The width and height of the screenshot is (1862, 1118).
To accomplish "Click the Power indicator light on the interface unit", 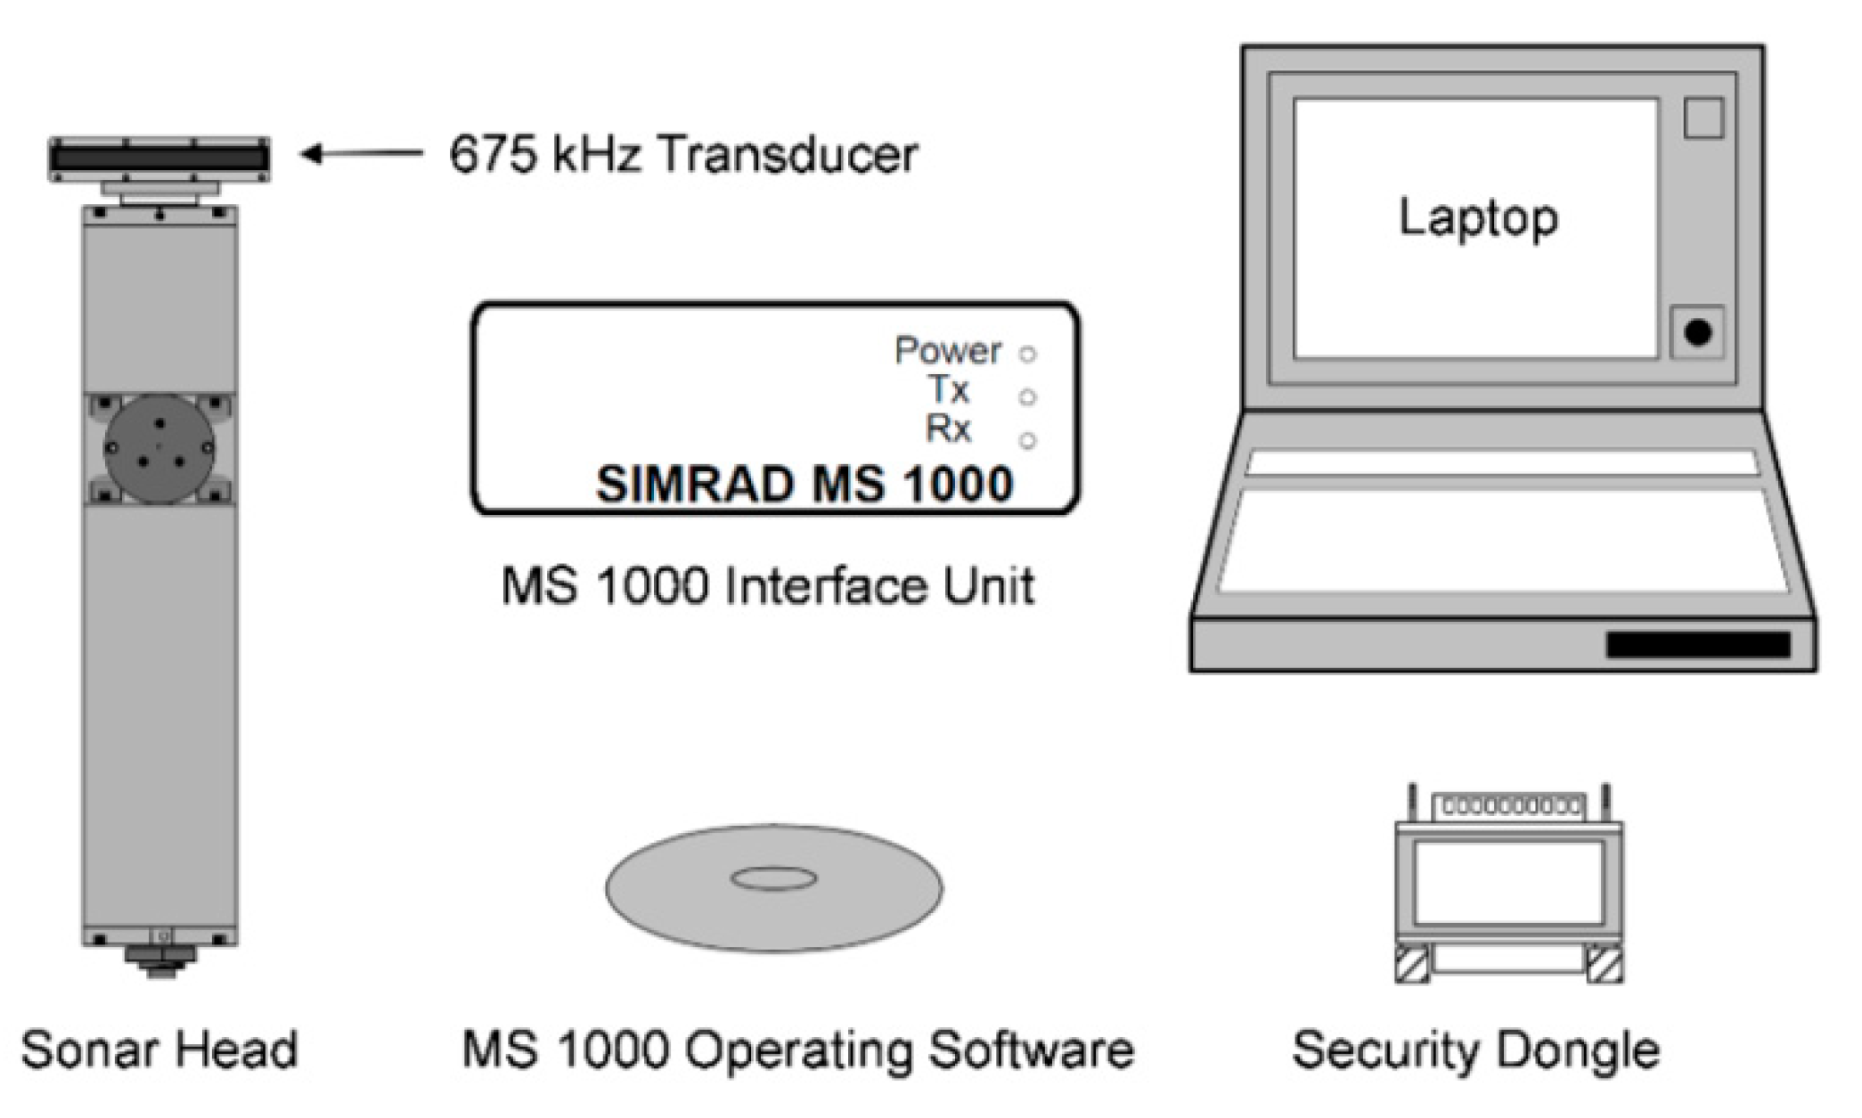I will (x=1028, y=355).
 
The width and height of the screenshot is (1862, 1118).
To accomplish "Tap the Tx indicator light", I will (x=1027, y=397).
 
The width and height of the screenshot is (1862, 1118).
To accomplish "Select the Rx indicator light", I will (x=1028, y=440).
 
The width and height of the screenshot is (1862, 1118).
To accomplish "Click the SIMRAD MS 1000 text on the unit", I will (x=804, y=485).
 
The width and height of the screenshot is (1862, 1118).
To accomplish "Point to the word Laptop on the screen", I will (x=1478, y=217).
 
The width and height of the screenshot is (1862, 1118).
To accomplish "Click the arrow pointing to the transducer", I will (x=361, y=154).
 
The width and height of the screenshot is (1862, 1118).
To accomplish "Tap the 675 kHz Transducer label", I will (x=683, y=154).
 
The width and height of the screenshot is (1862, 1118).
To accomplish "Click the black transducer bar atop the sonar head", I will (x=159, y=159).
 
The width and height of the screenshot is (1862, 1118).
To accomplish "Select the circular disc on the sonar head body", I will (x=159, y=448).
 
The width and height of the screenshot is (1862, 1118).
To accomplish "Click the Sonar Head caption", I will (x=159, y=1049).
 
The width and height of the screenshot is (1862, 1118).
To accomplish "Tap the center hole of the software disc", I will (x=773, y=879).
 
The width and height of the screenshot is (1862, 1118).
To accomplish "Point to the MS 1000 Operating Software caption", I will (x=797, y=1049).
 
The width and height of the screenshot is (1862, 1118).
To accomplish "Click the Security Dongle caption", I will (x=1476, y=1049).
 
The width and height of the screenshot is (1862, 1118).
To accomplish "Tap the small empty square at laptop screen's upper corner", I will (x=1703, y=118).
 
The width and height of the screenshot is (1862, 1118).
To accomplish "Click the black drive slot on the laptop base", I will (x=1698, y=645).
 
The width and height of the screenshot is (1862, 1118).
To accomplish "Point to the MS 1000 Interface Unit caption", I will (x=768, y=586).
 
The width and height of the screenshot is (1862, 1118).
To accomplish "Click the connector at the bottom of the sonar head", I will (x=160, y=960).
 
